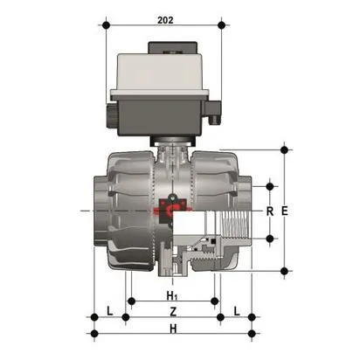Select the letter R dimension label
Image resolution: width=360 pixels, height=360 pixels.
tap(270, 211)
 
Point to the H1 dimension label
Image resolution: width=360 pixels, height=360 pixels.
tap(173, 297)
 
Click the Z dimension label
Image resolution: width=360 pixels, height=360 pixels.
tap(173, 312)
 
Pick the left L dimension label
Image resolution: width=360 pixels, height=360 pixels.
tap(109, 312)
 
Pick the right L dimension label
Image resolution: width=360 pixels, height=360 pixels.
tap(238, 312)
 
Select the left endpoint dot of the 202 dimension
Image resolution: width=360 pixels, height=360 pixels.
tap(107, 25)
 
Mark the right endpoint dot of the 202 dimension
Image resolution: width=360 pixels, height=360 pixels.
tap(219, 25)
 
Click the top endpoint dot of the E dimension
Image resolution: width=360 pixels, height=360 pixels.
tap(285, 149)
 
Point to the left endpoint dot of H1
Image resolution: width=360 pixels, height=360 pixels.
tap(130, 301)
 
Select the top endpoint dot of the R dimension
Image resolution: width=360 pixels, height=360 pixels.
tap(270, 185)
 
